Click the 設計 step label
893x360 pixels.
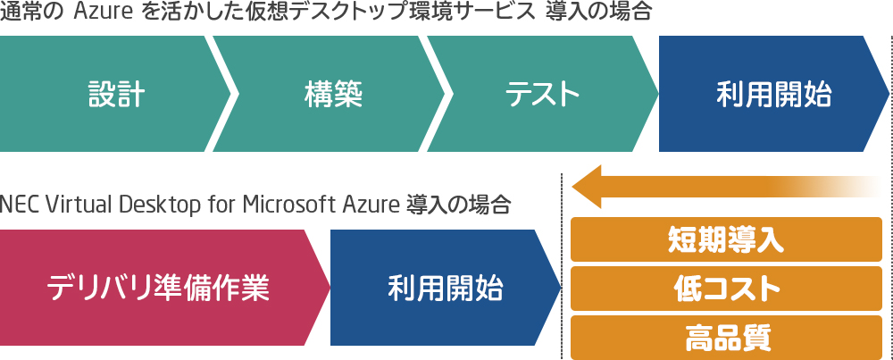click(117, 94)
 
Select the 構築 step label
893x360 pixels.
click(333, 94)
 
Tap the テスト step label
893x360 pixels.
click(542, 94)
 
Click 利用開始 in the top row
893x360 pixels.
click(774, 94)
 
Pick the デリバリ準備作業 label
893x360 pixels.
click(158, 289)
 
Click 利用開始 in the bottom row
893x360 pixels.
click(446, 289)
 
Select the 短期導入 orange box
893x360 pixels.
click(726, 240)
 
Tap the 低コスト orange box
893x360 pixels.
click(726, 289)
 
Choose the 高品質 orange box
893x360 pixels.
click(726, 337)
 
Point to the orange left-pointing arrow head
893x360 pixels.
click(587, 187)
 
